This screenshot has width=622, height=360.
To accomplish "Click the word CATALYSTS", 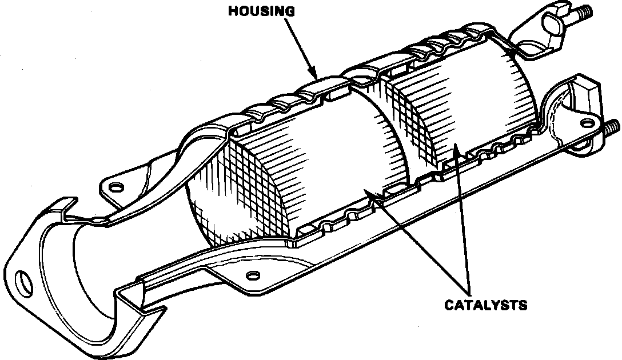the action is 485,305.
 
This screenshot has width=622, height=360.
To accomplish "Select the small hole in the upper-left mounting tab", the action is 115,187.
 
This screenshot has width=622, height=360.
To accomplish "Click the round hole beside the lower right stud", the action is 586,121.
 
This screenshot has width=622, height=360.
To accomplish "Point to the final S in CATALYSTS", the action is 523,305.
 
